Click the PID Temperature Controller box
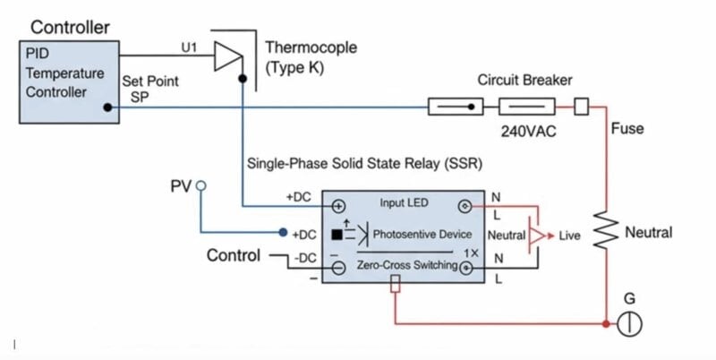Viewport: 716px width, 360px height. (67, 81)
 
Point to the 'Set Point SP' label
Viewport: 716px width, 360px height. (149, 89)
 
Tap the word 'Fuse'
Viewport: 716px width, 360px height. (626, 128)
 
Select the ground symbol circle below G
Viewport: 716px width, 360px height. (631, 325)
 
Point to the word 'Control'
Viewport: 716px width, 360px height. (234, 255)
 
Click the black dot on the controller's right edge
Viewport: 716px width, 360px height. (108, 107)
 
